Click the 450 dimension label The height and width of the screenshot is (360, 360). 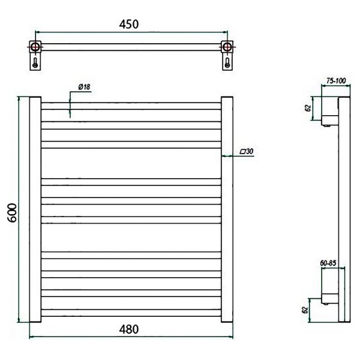pyautogui.click(x=129, y=25)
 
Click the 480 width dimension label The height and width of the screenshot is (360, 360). pyautogui.click(x=129, y=329)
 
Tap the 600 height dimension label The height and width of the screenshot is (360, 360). pyautogui.click(x=12, y=212)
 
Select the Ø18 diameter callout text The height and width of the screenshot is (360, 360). pyautogui.click(x=84, y=87)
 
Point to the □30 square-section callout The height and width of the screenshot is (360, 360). pyautogui.click(x=247, y=151)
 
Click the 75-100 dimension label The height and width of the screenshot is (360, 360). pyautogui.click(x=336, y=81)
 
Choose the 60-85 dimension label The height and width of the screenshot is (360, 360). pyautogui.click(x=328, y=263)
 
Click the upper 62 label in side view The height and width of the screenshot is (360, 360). pyautogui.click(x=308, y=108)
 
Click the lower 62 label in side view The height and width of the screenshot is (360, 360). pyautogui.click(x=305, y=310)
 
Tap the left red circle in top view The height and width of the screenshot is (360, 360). pyautogui.click(x=35, y=47)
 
